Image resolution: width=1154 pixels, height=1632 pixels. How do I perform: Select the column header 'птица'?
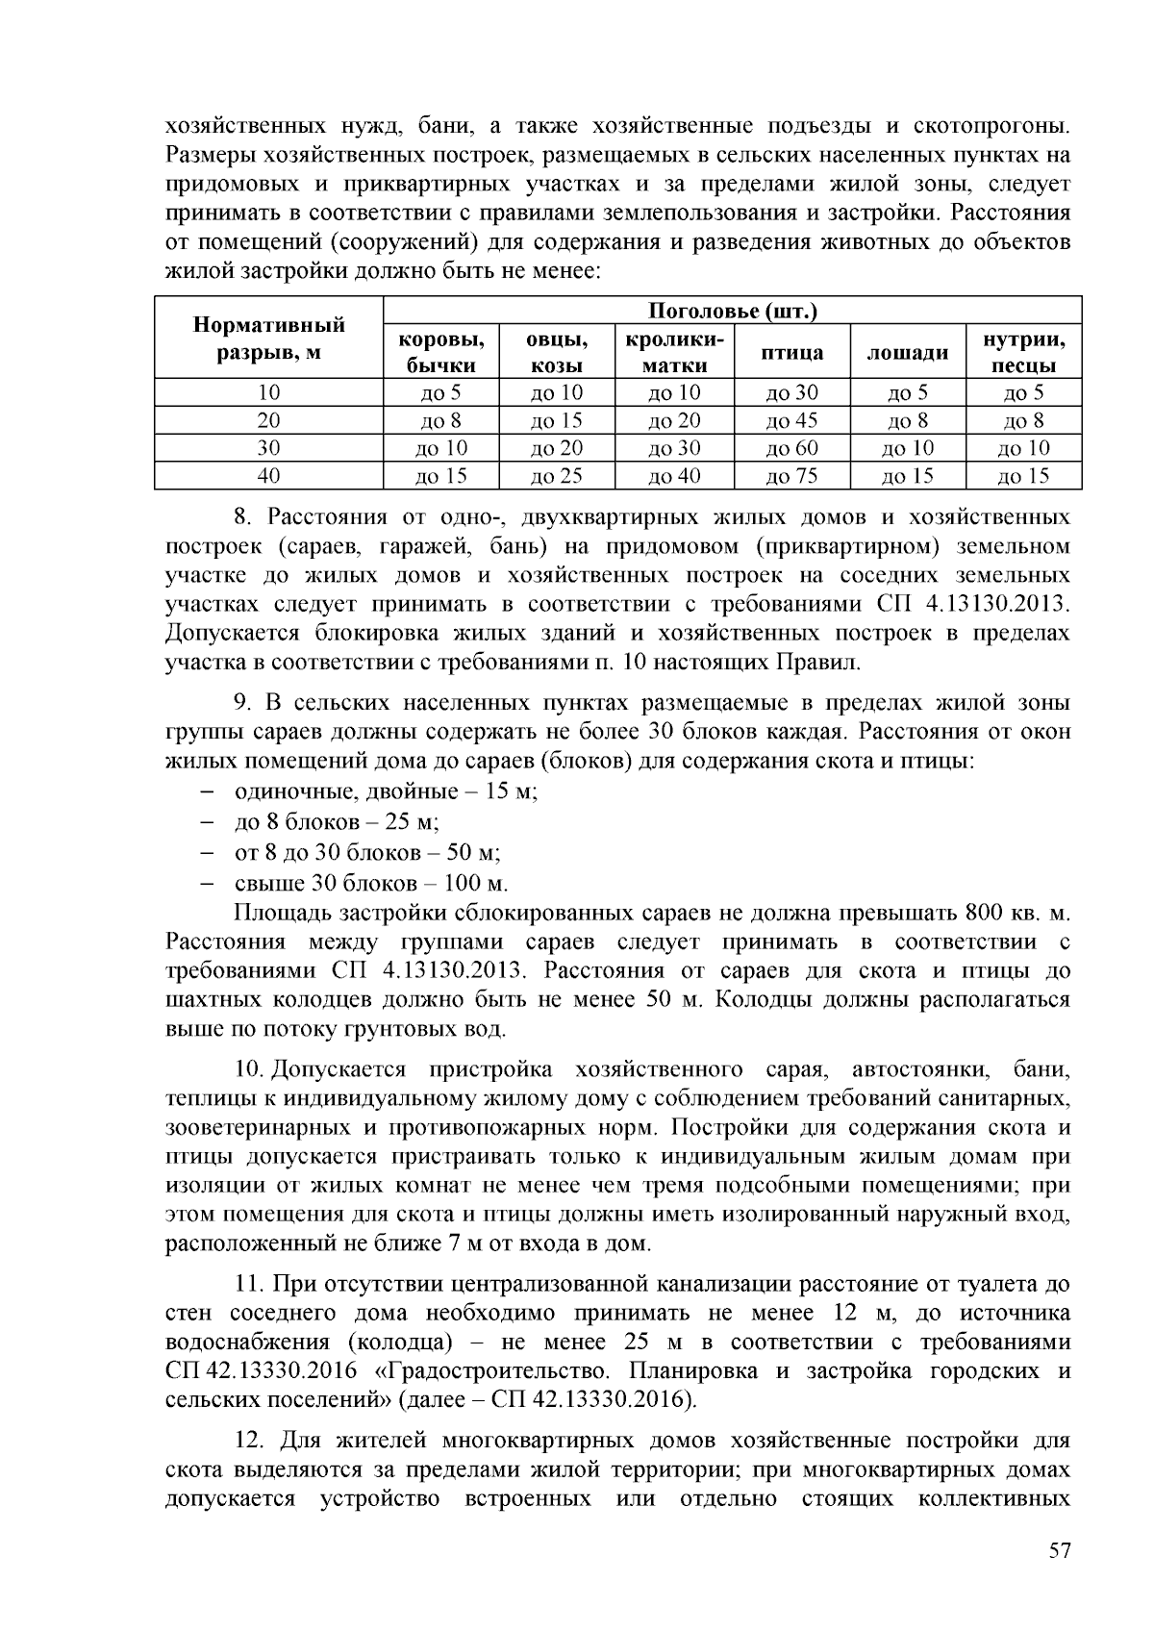(791, 353)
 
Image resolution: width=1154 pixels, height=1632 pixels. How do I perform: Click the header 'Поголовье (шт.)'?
(733, 311)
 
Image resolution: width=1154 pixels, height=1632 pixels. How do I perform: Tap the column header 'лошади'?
(908, 353)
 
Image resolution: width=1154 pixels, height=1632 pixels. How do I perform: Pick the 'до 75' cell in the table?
(791, 476)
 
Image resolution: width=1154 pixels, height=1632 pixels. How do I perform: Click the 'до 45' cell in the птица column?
(791, 420)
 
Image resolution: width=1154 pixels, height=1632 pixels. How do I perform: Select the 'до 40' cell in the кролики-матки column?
(674, 476)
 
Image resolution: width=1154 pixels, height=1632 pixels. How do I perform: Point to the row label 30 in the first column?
(268, 448)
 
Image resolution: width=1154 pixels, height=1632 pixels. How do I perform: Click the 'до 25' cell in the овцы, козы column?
(557, 476)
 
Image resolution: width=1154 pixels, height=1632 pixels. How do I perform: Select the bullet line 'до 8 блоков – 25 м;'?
(337, 822)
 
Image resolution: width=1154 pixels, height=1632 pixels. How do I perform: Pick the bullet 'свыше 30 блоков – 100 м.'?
(370, 883)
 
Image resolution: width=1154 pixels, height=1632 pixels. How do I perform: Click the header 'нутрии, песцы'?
(1023, 353)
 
